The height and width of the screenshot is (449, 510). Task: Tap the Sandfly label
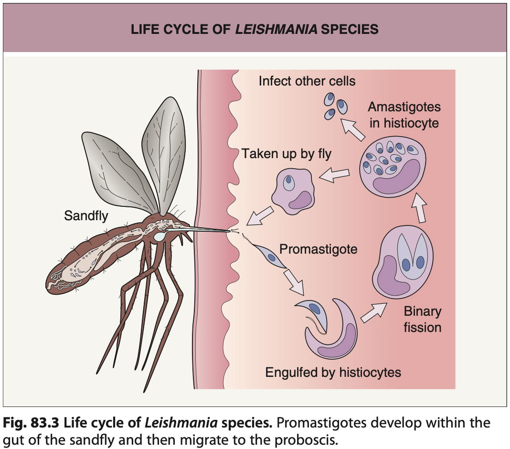pyautogui.click(x=86, y=216)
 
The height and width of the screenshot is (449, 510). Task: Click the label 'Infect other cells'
pyautogui.click(x=307, y=81)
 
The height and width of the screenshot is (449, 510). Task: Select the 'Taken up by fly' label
pyautogui.click(x=286, y=154)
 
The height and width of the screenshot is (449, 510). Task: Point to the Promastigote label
pyautogui.click(x=318, y=249)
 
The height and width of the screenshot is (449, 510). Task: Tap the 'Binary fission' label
pyautogui.click(x=422, y=320)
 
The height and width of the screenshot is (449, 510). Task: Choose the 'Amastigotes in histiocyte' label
pyautogui.click(x=404, y=115)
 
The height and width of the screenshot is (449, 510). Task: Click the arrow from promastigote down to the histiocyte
pyautogui.click(x=294, y=282)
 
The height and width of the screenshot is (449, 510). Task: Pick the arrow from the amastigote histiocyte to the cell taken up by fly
pyautogui.click(x=334, y=175)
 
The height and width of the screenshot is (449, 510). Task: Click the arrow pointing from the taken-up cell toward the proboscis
pyautogui.click(x=261, y=214)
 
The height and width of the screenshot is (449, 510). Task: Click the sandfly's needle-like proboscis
pyautogui.click(x=210, y=230)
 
